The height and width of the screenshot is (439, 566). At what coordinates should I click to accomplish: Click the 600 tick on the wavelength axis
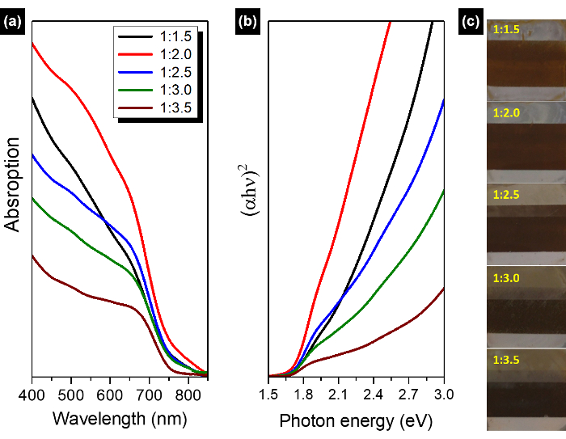[110, 394]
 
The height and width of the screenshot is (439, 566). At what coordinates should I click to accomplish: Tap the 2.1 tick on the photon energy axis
[339, 394]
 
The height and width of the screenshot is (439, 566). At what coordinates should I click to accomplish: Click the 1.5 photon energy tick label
[268, 394]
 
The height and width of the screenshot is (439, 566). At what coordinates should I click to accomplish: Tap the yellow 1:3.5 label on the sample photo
[505, 359]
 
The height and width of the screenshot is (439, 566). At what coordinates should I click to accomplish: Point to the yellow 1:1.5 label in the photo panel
[505, 30]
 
